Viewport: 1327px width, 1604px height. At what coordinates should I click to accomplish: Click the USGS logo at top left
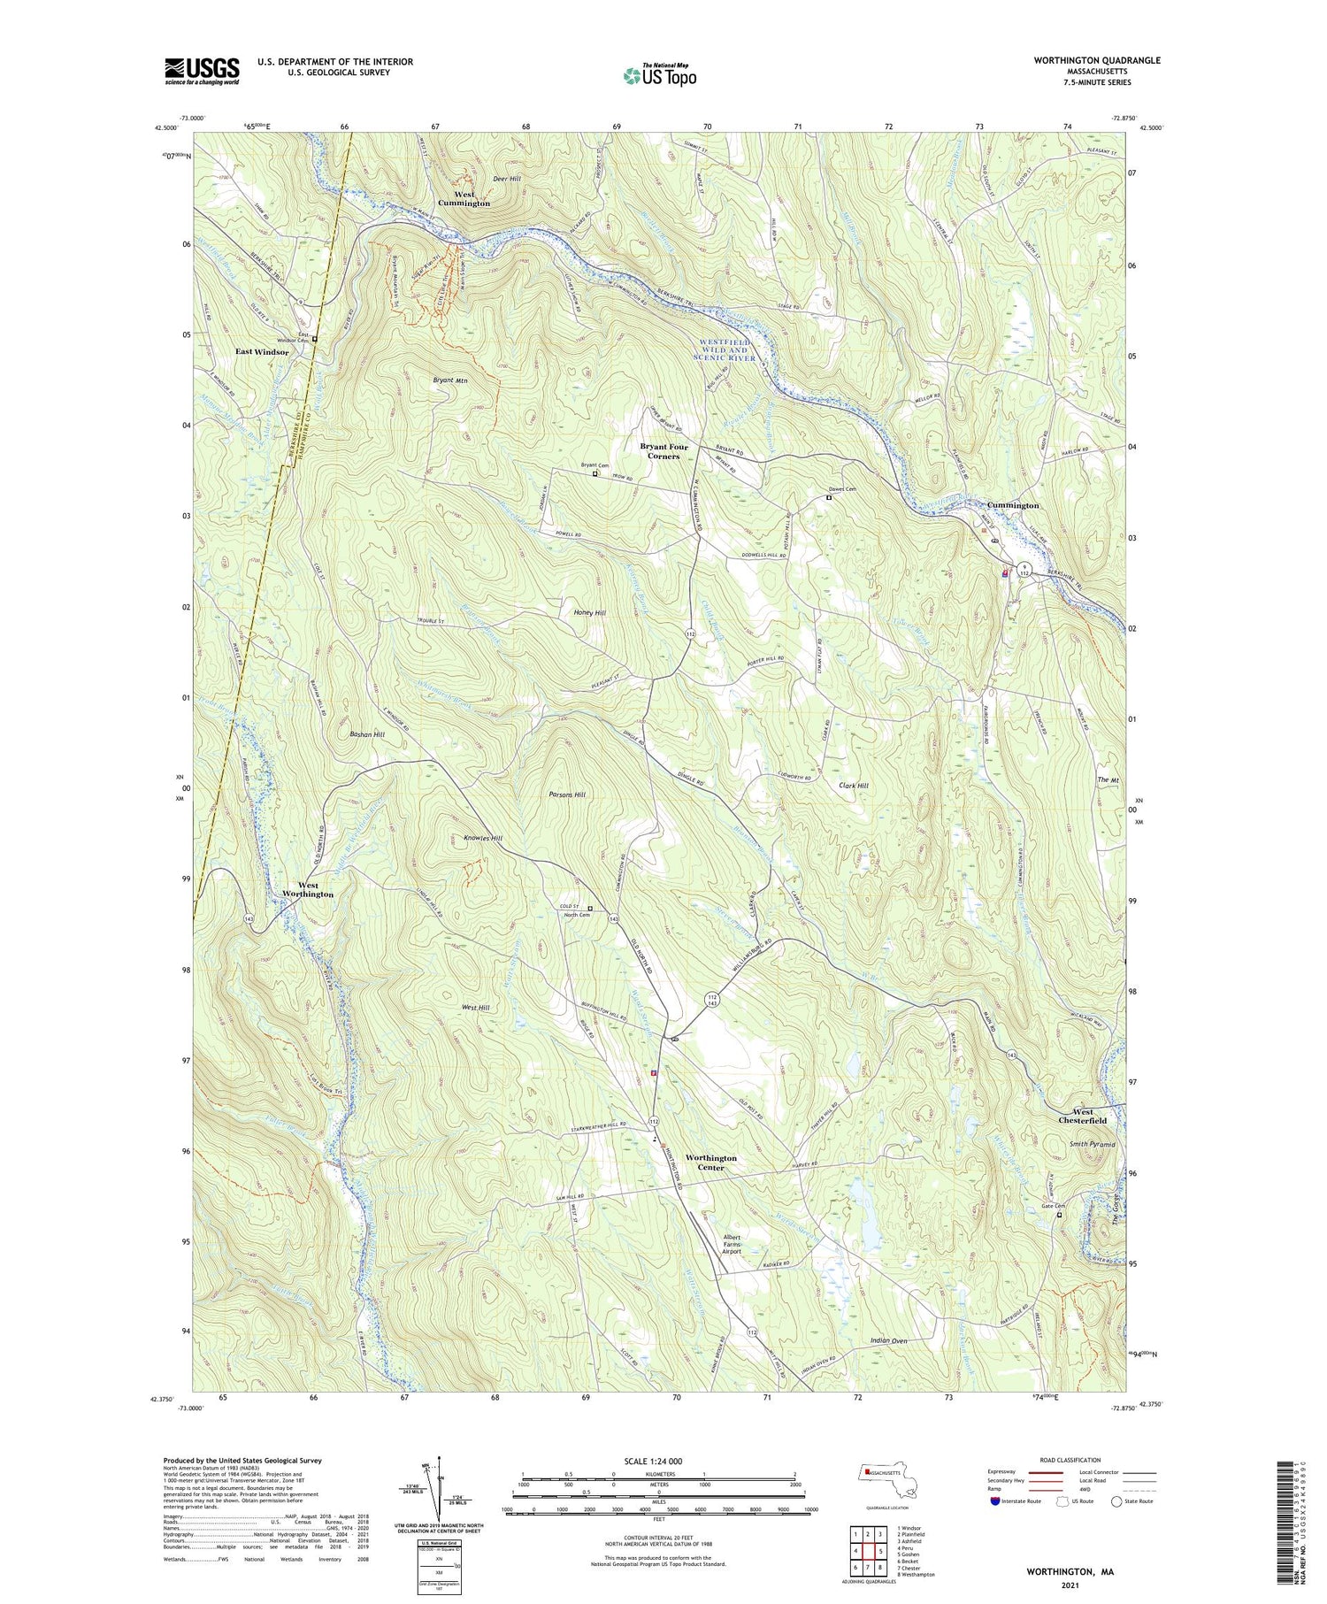[x=202, y=71]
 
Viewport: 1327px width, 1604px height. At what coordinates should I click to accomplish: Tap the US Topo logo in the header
[x=659, y=76]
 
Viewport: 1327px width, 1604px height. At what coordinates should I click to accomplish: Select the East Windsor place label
[x=262, y=352]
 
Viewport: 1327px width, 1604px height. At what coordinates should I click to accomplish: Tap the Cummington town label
[x=1013, y=505]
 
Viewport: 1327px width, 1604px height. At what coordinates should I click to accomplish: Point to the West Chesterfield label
[x=1082, y=1116]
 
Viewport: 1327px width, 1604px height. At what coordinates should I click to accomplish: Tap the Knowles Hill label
[x=483, y=838]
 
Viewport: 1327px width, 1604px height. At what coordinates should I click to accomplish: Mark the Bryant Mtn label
[x=449, y=380]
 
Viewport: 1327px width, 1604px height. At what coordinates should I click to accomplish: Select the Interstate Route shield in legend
[x=996, y=1501]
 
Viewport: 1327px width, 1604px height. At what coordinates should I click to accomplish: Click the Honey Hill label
[x=588, y=612]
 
